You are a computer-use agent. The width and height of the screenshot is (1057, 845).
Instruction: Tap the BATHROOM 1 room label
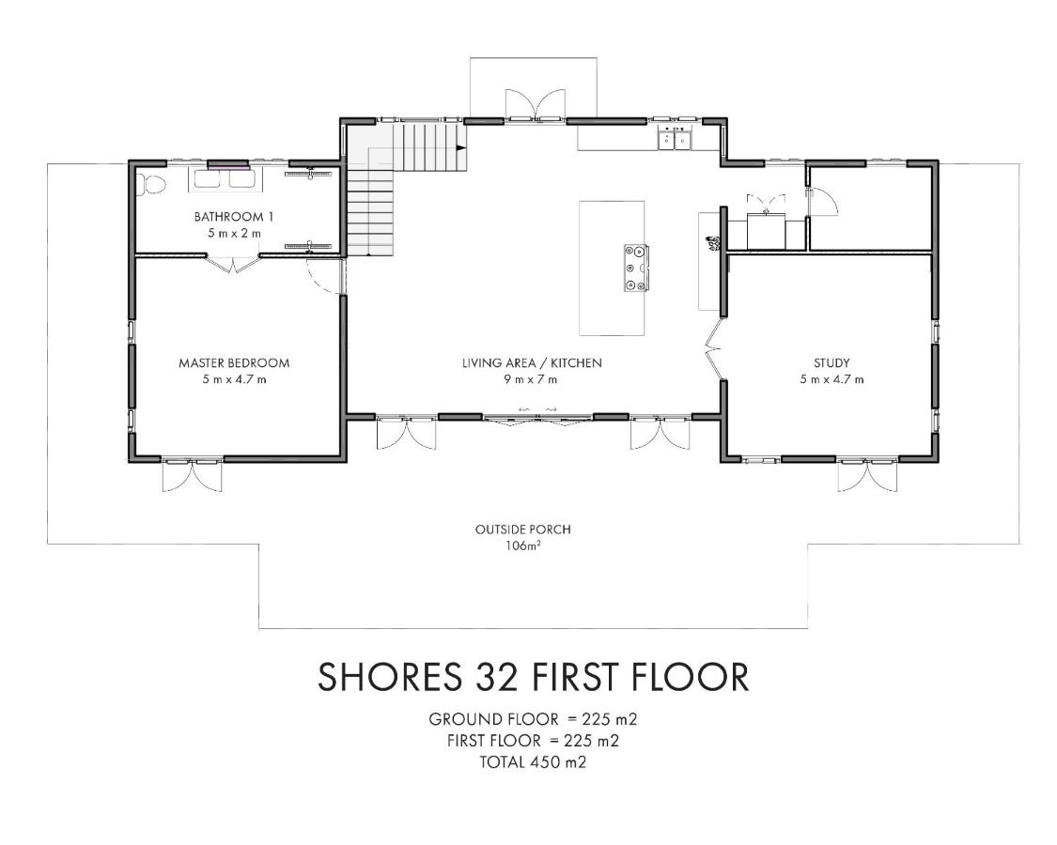[x=234, y=217]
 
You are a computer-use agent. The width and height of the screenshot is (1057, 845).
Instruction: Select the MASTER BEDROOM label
[x=234, y=363]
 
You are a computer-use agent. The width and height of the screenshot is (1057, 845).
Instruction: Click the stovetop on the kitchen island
[x=636, y=268]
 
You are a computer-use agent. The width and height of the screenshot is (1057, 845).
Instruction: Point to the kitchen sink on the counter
[x=675, y=139]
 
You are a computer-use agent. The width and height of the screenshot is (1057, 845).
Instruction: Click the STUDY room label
[x=832, y=363]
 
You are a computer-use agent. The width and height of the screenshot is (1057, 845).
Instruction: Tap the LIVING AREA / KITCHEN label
[x=532, y=363]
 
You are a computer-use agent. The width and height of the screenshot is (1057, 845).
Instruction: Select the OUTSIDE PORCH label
[x=523, y=530]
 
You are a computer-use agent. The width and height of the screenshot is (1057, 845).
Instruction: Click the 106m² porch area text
[x=523, y=545]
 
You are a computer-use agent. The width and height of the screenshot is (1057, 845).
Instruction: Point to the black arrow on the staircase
[x=461, y=146]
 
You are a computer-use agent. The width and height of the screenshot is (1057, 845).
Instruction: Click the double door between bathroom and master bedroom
[x=233, y=264]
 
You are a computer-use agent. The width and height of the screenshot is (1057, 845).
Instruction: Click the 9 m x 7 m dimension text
[x=531, y=379]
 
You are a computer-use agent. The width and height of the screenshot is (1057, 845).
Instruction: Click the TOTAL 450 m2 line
[x=533, y=762]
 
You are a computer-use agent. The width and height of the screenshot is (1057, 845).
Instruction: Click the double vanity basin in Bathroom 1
[x=222, y=178]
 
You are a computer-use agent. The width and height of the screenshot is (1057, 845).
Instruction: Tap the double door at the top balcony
[x=536, y=105]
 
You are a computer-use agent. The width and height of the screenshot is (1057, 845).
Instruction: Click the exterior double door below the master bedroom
[x=192, y=476]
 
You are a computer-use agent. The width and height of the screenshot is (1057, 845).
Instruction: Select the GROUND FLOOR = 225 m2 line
[x=533, y=719]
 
